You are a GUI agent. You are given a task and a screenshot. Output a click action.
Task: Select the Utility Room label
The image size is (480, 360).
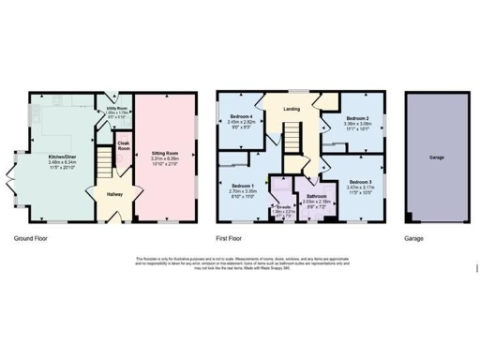[117, 107]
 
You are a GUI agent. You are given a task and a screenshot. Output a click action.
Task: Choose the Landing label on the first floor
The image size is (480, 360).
[291, 110]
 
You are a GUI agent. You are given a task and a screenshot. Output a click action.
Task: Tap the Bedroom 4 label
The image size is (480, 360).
[243, 116]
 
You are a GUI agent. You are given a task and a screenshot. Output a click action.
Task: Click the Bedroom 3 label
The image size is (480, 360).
[360, 181]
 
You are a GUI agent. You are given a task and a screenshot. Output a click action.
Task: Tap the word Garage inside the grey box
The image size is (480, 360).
[436, 157]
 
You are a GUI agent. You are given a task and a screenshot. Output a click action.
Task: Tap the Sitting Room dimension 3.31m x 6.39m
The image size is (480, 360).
[164, 159]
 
